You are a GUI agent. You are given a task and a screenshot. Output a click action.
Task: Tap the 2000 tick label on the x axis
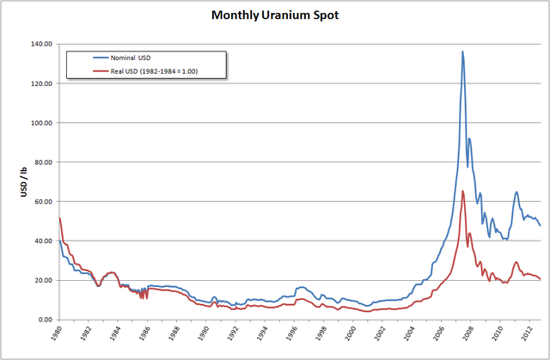click(351, 336)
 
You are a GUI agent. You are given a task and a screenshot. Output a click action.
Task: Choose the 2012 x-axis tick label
click(527, 336)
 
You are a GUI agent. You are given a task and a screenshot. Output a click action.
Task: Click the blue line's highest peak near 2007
click(462, 52)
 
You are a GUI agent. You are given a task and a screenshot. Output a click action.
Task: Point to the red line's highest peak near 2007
click(462, 191)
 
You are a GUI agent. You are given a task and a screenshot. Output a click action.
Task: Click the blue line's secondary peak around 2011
click(516, 192)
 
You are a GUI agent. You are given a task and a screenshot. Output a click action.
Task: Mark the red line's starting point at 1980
click(59, 218)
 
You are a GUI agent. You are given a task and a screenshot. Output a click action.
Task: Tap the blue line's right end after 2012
click(541, 226)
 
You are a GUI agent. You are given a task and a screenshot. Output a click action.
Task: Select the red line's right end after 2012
click(541, 279)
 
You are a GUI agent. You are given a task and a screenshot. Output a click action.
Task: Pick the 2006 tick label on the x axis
click(439, 336)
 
